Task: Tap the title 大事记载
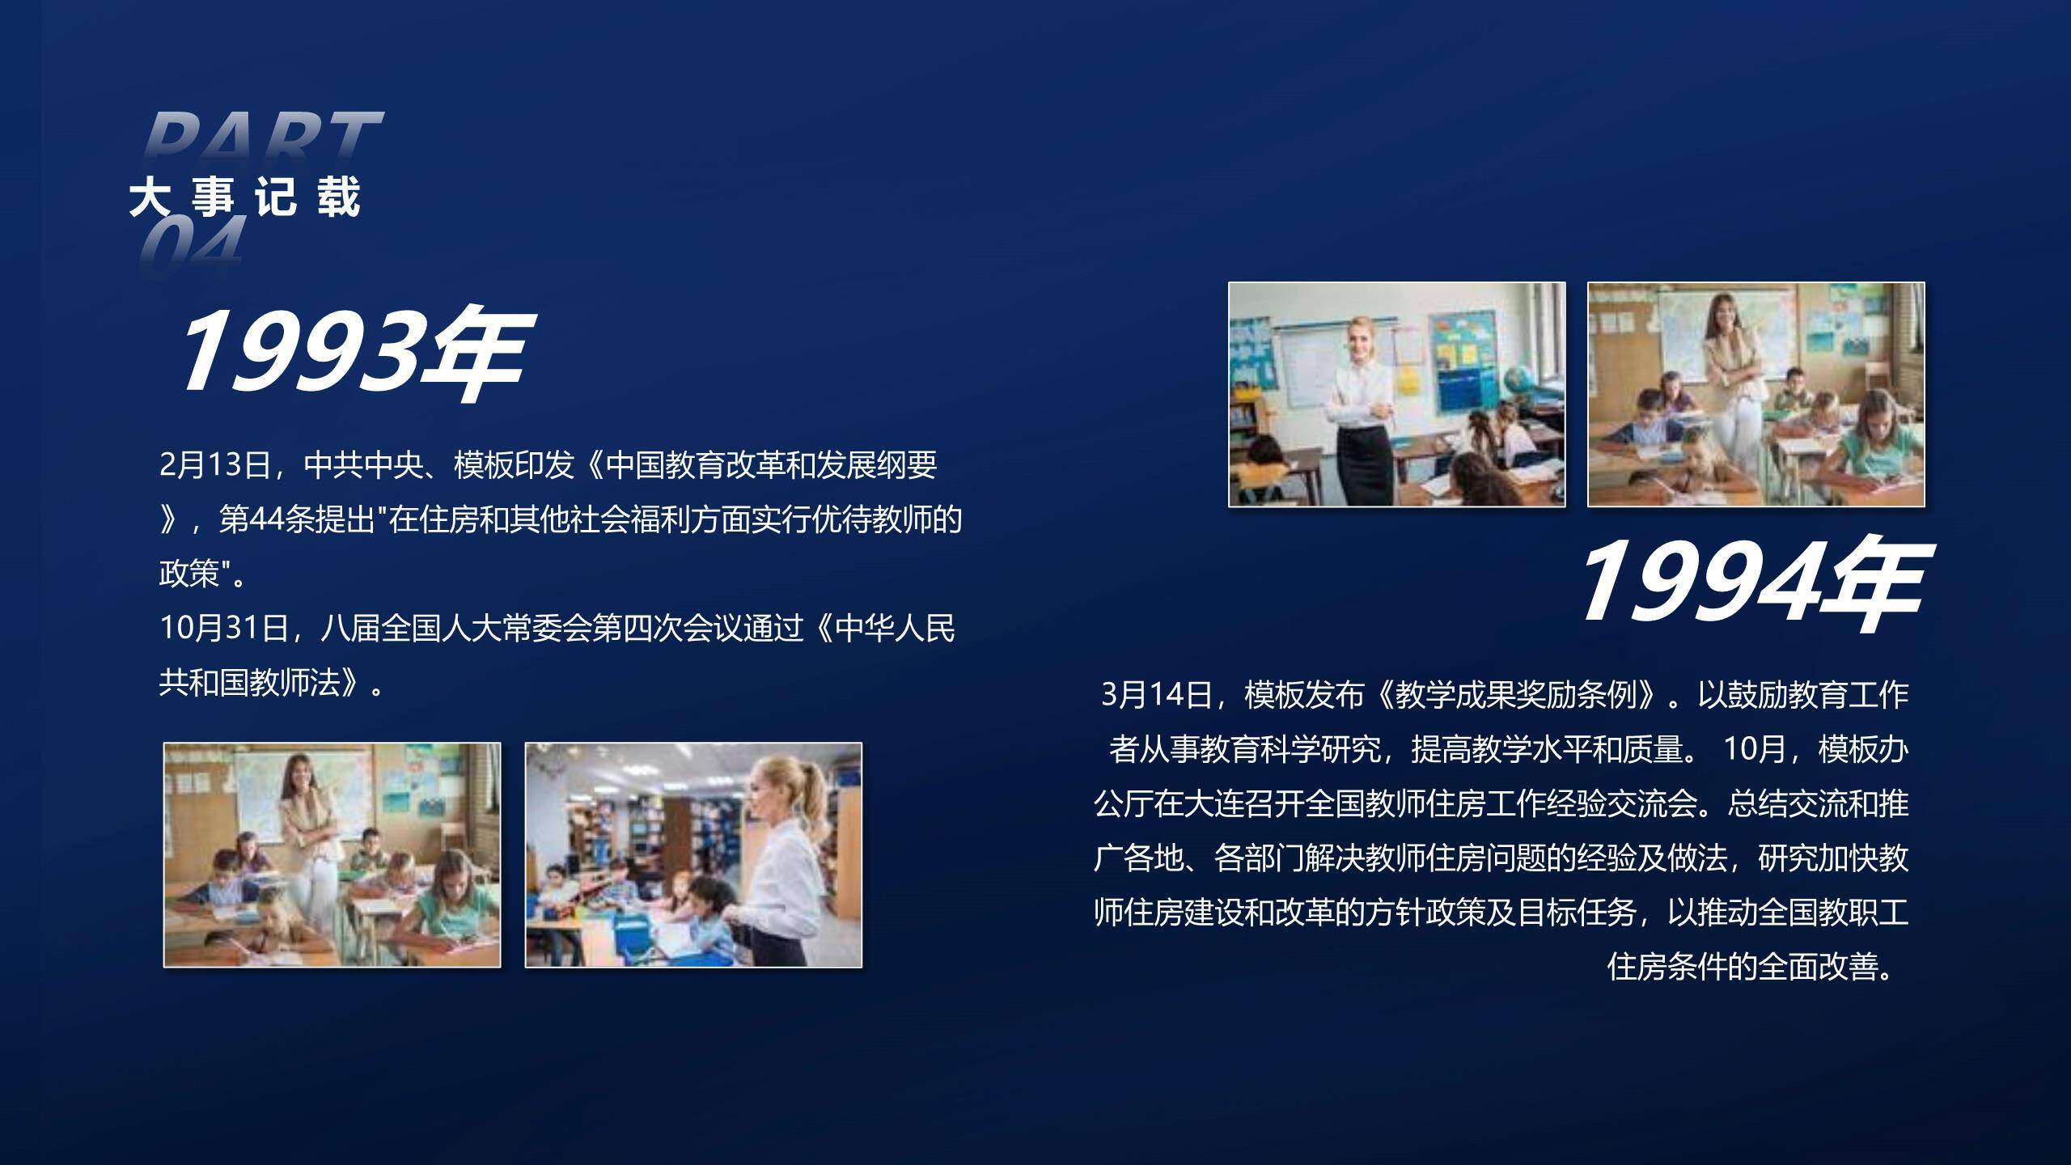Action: tap(245, 197)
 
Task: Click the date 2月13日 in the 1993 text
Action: tap(214, 465)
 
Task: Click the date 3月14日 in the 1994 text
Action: tap(1156, 695)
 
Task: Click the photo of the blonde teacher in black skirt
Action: tap(1396, 394)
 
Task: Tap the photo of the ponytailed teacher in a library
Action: tap(693, 854)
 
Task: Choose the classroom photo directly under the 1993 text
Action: tap(332, 854)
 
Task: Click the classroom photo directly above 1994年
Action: tap(1755, 394)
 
